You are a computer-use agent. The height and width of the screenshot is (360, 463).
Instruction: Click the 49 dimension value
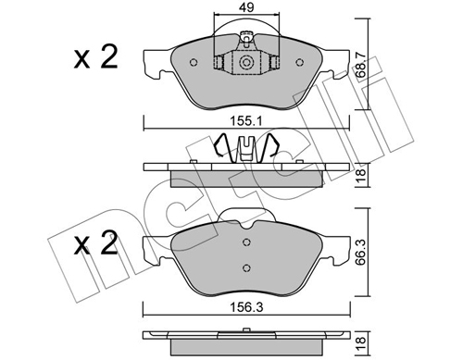247,7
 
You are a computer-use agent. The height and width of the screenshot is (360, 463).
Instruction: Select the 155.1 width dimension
246,121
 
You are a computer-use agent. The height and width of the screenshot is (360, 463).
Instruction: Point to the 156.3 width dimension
246,307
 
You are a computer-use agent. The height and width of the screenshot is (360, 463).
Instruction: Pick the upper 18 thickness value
360,175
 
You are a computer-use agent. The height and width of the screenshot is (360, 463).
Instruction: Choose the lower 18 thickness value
360,344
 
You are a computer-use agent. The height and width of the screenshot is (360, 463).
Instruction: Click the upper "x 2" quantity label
95,57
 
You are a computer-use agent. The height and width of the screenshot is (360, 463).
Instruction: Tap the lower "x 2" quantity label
95,243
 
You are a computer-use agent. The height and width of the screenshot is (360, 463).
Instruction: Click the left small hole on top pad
194,62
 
